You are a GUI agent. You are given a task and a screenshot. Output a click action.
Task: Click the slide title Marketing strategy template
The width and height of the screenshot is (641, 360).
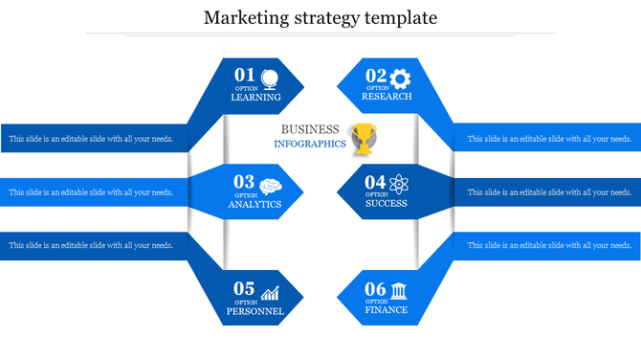click(x=320, y=17)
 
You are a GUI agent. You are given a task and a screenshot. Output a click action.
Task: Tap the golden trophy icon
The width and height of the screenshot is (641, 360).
click(x=365, y=139)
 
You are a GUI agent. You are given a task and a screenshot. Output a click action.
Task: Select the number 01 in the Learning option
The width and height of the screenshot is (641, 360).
click(x=245, y=76)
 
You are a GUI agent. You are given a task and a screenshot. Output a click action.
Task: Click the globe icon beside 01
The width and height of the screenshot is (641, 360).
click(x=270, y=78)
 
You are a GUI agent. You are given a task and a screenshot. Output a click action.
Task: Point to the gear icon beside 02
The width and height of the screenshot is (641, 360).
click(x=400, y=78)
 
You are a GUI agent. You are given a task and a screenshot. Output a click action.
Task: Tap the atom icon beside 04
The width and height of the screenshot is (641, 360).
click(x=400, y=183)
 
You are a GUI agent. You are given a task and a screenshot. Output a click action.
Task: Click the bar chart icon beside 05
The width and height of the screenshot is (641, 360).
click(x=271, y=292)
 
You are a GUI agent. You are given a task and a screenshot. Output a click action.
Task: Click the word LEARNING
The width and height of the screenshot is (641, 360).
click(x=255, y=98)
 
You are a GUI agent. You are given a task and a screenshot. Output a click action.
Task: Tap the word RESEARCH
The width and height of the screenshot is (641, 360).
click(x=387, y=97)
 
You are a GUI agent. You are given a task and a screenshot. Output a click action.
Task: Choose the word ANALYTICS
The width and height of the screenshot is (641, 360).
click(x=254, y=205)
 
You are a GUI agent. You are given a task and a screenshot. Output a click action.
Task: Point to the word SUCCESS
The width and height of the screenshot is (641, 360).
click(x=386, y=204)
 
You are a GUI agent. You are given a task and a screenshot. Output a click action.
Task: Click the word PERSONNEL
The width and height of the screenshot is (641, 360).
click(x=255, y=312)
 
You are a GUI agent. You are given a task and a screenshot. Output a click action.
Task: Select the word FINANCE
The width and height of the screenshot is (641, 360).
click(x=387, y=310)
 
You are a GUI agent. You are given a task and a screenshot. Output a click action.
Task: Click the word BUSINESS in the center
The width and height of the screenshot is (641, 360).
click(x=310, y=129)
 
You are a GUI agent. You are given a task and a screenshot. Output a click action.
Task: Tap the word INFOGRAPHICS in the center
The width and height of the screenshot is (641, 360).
click(x=309, y=144)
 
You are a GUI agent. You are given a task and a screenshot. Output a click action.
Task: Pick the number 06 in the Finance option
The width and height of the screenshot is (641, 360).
click(x=375, y=289)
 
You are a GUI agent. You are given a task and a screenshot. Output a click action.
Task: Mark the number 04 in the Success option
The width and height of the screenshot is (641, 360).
click(x=375, y=182)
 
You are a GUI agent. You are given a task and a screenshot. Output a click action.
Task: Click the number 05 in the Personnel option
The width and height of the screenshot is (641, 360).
click(x=245, y=289)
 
